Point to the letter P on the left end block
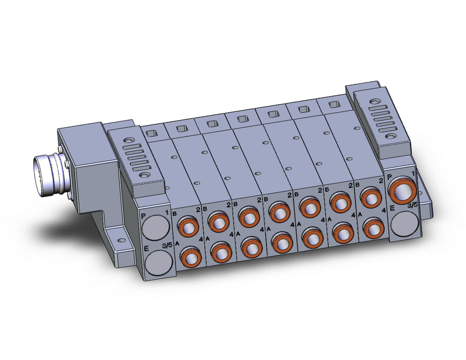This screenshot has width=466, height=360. tap(144, 216)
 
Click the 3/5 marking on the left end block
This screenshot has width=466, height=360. tap(167, 245)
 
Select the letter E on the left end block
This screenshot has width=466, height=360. tap(146, 248)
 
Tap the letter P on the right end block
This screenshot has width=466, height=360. tap(390, 177)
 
